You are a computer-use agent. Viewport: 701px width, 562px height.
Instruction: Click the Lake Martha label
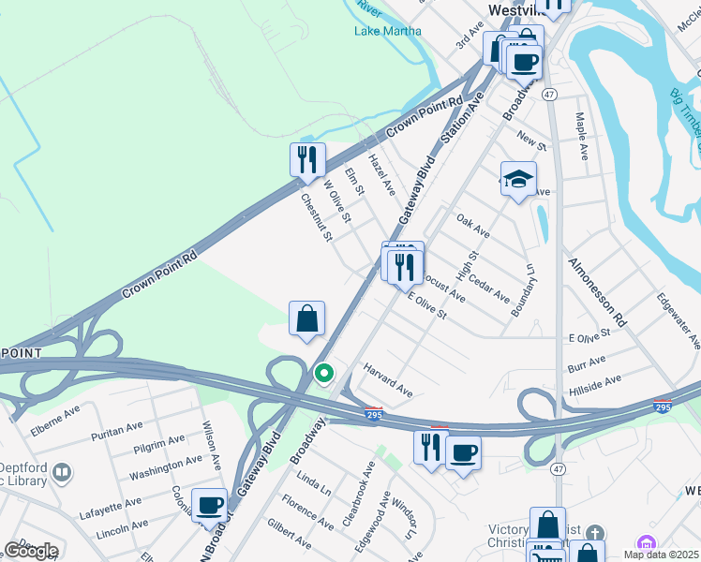[387, 30]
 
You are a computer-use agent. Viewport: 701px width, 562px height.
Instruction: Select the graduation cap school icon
[518, 181]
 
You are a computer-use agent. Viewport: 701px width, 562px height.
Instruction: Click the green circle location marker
[324, 374]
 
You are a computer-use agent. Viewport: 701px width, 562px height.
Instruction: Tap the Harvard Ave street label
[388, 380]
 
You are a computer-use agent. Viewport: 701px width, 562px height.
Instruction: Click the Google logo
[31, 551]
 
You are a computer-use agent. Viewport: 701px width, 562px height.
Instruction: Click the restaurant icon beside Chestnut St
[307, 161]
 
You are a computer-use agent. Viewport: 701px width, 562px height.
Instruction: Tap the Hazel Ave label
[380, 174]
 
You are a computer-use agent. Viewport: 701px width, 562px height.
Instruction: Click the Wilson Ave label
[212, 444]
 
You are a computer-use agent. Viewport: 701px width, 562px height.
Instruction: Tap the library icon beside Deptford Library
[63, 471]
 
